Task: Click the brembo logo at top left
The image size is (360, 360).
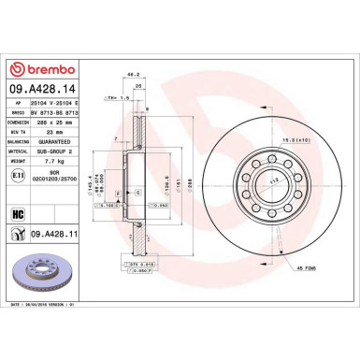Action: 35,71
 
